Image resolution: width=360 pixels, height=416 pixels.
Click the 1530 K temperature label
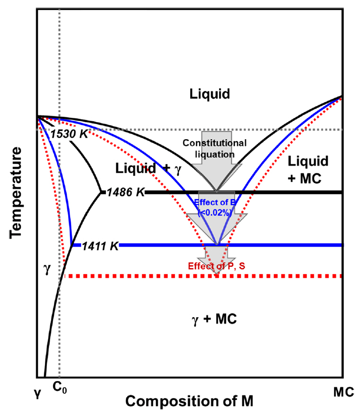pos(70,134)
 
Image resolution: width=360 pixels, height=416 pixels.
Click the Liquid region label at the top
pos(210,94)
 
